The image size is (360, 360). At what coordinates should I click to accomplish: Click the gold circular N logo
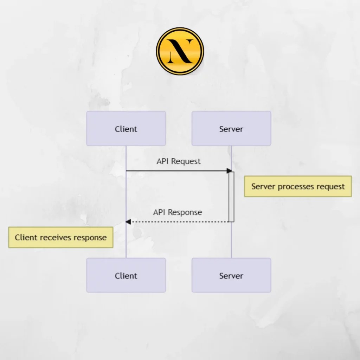tap(180, 52)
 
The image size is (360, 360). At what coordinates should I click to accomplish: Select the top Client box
tap(126, 129)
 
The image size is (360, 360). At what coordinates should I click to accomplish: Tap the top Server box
tap(231, 129)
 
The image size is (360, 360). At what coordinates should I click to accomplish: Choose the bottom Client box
tap(126, 275)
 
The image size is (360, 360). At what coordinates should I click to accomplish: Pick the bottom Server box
tap(231, 275)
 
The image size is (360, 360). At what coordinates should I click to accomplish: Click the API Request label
tap(179, 161)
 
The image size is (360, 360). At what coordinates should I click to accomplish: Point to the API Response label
tap(178, 212)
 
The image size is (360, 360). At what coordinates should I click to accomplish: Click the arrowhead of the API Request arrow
tap(230, 171)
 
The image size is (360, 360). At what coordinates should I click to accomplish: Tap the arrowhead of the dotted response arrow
tap(128, 221)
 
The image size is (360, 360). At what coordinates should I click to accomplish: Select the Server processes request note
tap(298, 186)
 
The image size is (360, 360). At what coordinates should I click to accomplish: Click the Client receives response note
tap(60, 237)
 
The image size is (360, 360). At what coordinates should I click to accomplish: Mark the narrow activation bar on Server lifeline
tap(231, 197)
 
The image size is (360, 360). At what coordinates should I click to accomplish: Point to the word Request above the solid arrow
tap(186, 161)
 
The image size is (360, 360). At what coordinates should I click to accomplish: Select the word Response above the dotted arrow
tap(185, 212)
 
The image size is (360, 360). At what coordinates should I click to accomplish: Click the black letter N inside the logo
tap(180, 52)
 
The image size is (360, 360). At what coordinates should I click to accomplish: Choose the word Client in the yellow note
tap(26, 237)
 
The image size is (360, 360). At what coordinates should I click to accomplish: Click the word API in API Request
tap(163, 161)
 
